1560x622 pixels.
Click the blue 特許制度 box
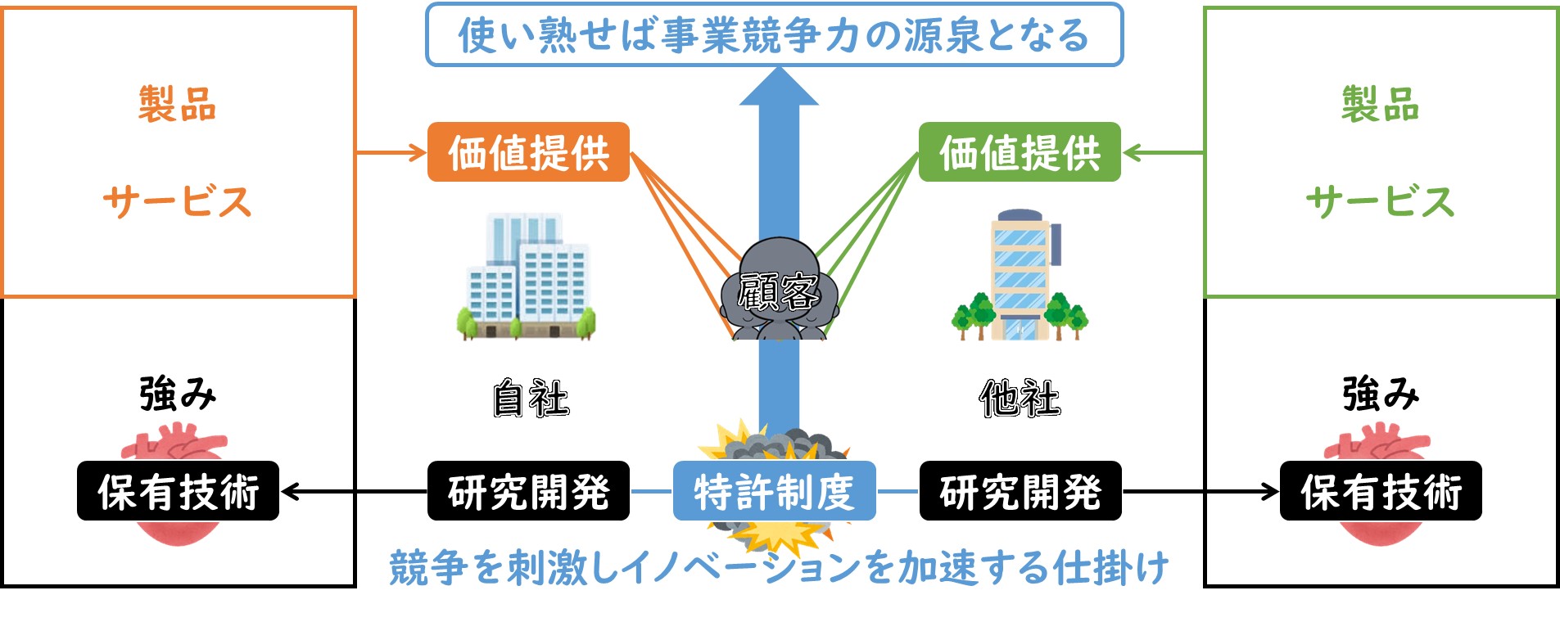click(x=774, y=491)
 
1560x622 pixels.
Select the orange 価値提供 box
click(x=528, y=152)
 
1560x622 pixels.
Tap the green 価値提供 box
click(x=1020, y=152)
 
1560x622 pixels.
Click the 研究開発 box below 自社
click(x=528, y=491)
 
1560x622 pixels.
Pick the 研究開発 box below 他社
click(x=1020, y=491)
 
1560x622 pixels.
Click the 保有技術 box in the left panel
click(x=178, y=491)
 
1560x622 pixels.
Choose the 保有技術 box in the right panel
click(x=1381, y=491)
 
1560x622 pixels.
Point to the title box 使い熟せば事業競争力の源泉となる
click(x=774, y=35)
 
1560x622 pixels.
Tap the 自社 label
click(x=531, y=399)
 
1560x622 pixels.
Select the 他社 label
click(x=1020, y=399)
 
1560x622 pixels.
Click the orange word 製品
click(x=177, y=105)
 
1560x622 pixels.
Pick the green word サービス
click(x=1380, y=201)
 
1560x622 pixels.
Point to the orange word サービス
click(x=177, y=201)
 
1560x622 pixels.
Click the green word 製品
click(x=1380, y=105)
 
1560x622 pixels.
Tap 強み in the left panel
click(x=178, y=394)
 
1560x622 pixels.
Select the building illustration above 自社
click(x=526, y=277)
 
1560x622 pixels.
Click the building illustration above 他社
click(x=1020, y=275)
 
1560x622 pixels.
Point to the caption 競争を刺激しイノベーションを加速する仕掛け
click(x=779, y=567)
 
